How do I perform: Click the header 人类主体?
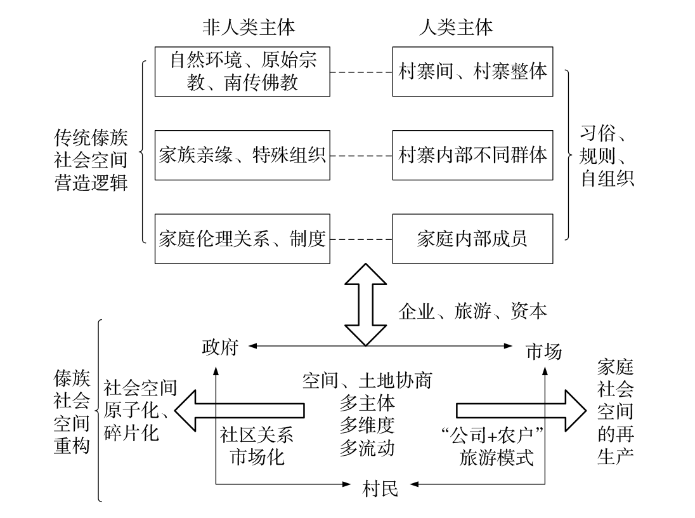456,28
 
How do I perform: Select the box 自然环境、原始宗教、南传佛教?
243,71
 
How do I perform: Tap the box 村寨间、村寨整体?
472,71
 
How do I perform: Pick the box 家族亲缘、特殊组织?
243,155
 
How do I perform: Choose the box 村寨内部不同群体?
472,155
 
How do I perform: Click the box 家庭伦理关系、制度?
243,239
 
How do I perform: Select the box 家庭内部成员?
472,239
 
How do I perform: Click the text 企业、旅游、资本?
472,311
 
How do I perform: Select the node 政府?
219,347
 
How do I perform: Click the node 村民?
380,487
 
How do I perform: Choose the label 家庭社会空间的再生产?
615,411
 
